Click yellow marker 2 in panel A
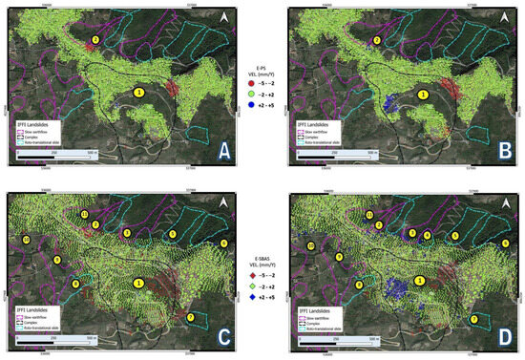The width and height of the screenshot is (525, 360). coord(95,39)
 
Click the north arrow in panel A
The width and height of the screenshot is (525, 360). coord(223,16)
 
